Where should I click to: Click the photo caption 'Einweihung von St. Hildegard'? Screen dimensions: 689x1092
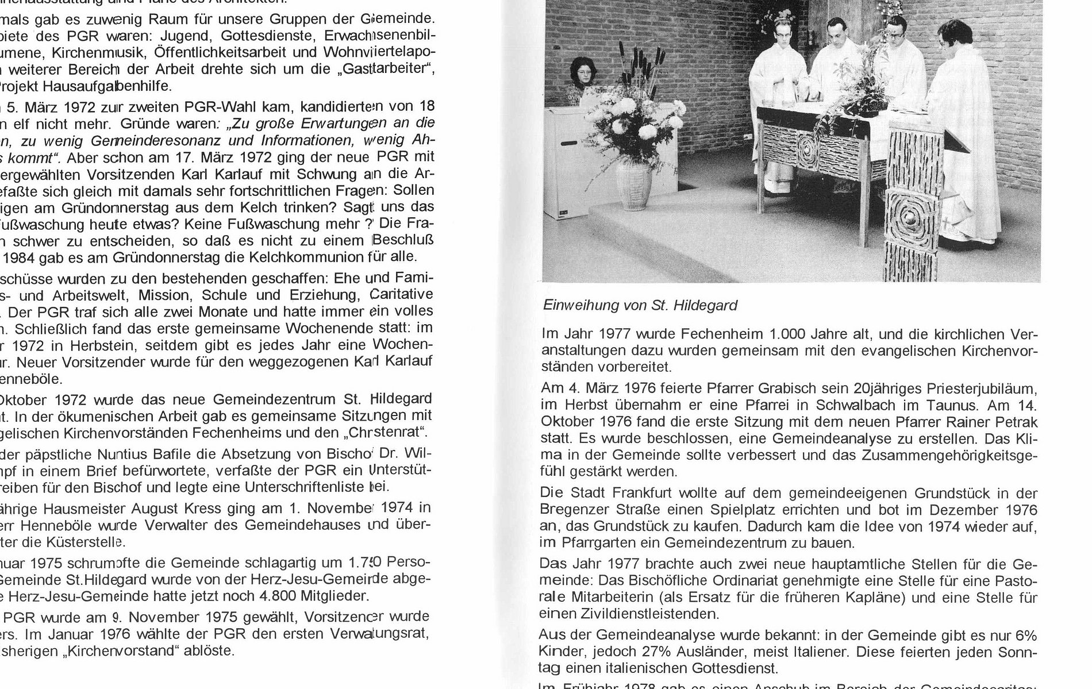pos(640,306)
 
